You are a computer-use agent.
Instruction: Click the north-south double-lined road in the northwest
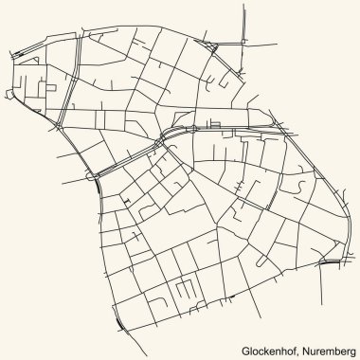click(63, 95)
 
